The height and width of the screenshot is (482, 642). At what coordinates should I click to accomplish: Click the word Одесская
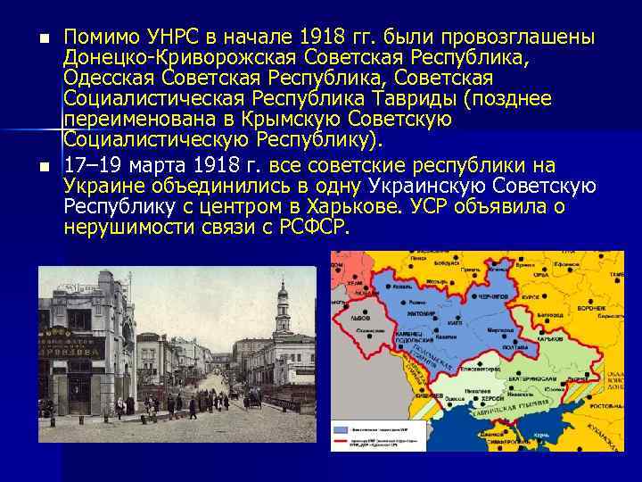coord(105,79)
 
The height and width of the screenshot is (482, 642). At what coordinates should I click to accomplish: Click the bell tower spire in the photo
coord(283,290)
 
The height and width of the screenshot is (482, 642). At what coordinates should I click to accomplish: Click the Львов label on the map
coord(361,317)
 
